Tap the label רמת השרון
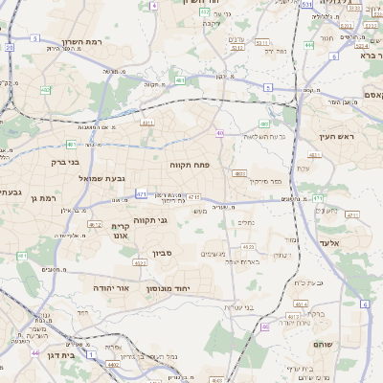(81, 42)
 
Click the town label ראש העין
(339, 137)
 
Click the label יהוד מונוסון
(168, 287)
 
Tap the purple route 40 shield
(220, 133)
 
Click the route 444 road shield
(309, 44)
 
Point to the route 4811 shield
(147, 123)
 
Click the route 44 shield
(34, 353)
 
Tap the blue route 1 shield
(91, 354)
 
